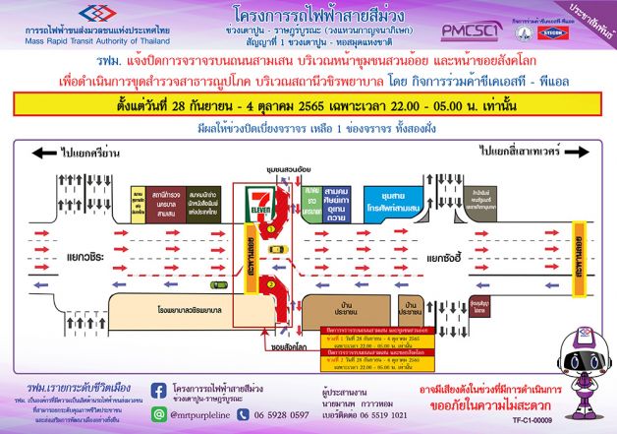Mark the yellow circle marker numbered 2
pyautogui.click(x=270, y=286)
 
